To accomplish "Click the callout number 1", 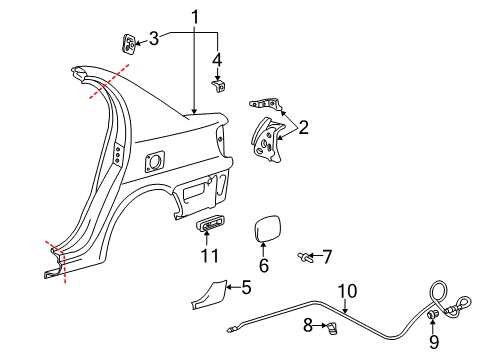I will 196,16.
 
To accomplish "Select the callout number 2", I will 302,127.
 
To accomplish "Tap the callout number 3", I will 153,39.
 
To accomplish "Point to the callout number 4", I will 217,60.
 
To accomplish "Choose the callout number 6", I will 264,267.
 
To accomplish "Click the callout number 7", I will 326,257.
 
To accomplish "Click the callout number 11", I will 207,256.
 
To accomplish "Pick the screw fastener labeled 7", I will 303,258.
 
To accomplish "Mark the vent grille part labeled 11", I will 208,225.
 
